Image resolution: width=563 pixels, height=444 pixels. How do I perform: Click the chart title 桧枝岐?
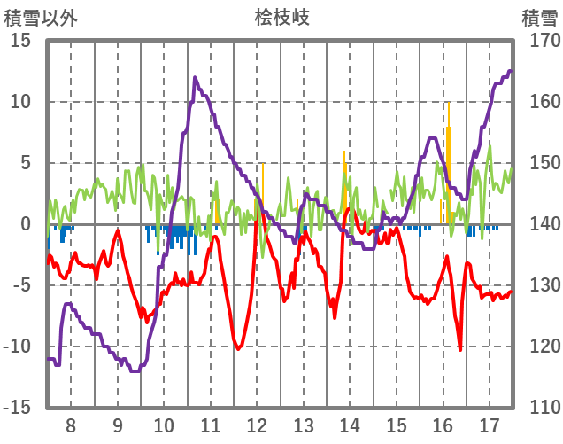pyautogui.click(x=281, y=18)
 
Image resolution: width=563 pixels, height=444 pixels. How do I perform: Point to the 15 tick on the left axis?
pyautogui.click(x=20, y=41)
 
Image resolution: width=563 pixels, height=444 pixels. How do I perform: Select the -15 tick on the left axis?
pyautogui.click(x=17, y=408)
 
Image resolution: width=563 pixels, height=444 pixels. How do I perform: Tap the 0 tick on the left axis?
pyautogui.click(x=26, y=224)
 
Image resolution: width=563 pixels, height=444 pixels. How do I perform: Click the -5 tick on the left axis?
pyautogui.click(x=20, y=285)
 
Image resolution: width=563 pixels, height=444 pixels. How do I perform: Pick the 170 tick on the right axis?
pyautogui.click(x=540, y=41)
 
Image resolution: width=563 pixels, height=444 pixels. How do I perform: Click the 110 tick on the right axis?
pyautogui.click(x=540, y=408)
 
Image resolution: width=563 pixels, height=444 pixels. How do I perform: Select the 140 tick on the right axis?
pyautogui.click(x=540, y=224)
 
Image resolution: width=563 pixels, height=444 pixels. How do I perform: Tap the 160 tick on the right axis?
pyautogui.click(x=540, y=102)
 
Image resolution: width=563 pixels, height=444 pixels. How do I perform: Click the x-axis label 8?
pyautogui.click(x=71, y=425)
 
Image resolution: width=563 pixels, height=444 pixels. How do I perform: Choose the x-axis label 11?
pyautogui.click(x=211, y=425)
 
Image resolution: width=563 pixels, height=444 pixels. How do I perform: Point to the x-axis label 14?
pyautogui.click(x=350, y=425)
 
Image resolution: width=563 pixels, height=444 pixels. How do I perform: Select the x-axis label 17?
pyautogui.click(x=490, y=425)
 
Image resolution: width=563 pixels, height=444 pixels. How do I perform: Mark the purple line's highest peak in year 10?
pyautogui.click(x=195, y=78)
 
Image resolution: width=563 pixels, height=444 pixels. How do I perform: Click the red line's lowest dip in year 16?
pyautogui.click(x=460, y=349)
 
